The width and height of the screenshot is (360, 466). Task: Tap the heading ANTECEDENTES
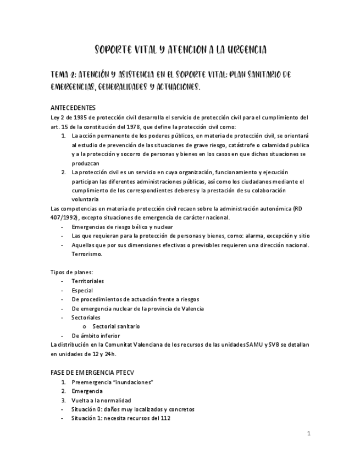coord(73,108)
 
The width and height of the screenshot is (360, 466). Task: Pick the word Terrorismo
coord(87,254)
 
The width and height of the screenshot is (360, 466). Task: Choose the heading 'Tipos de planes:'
coord(71,272)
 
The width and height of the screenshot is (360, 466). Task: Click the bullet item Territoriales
coord(87,281)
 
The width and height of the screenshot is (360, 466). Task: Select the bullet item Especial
coord(82,290)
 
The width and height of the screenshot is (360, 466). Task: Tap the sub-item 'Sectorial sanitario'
coord(116,326)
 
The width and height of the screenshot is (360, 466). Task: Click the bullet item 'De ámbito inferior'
coord(96,335)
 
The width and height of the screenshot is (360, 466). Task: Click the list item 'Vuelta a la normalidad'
coord(101,400)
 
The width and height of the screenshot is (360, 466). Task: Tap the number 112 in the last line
coord(165,418)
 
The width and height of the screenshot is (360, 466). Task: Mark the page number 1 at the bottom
coord(309,434)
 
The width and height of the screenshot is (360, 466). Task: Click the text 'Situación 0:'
coord(87,409)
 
